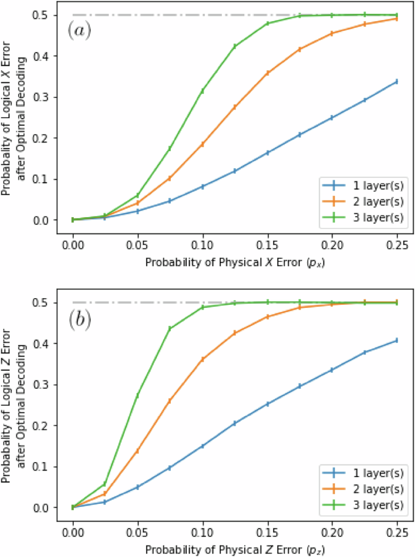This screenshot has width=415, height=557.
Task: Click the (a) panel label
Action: pos(79,31)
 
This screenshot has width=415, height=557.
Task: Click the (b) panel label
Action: pos(79,319)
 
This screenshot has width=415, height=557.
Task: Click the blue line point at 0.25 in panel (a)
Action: pos(396,82)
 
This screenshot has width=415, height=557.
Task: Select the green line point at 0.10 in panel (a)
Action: pos(202,91)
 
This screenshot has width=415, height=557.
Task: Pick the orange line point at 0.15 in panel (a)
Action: pos(267,73)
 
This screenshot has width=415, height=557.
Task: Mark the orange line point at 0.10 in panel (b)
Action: pos(202,359)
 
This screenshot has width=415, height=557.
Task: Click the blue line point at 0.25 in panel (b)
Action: pos(396,340)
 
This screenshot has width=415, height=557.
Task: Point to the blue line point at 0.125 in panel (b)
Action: pos(234,423)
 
